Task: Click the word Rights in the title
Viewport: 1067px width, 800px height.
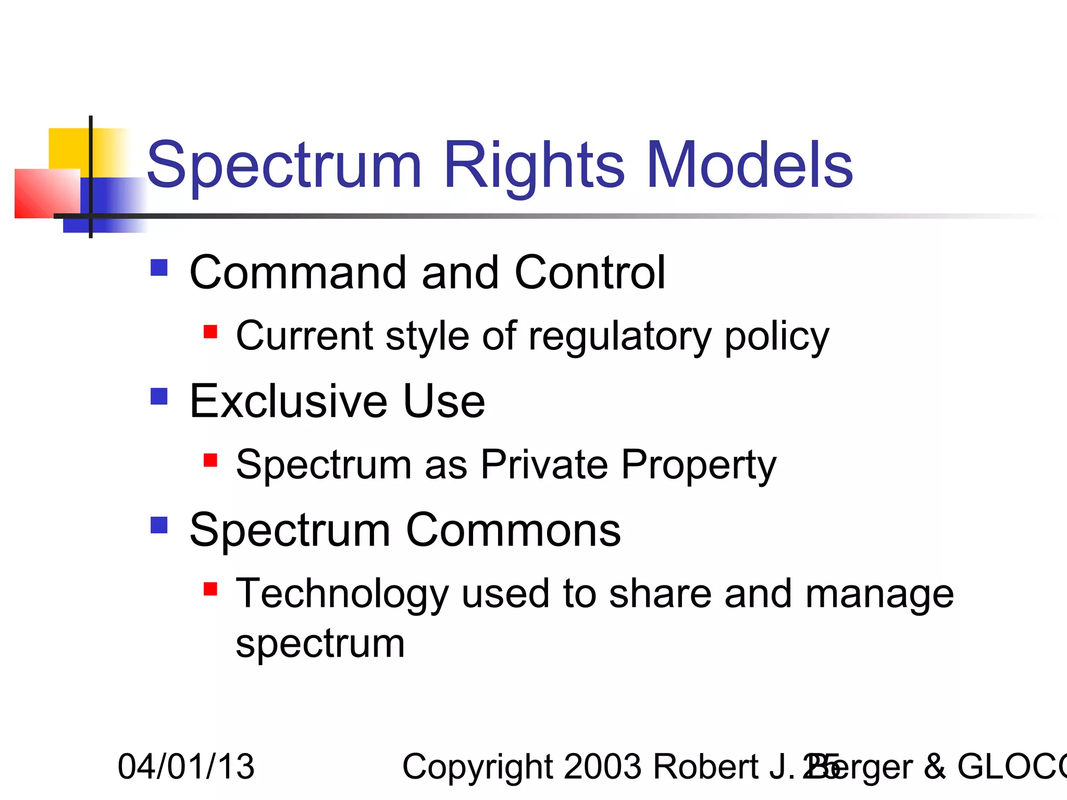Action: [x=533, y=166]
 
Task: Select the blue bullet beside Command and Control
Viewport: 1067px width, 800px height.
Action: [x=159, y=268]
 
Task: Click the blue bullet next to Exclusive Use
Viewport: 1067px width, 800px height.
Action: [x=159, y=396]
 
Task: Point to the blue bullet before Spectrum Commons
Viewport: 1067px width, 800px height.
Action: [x=159, y=525]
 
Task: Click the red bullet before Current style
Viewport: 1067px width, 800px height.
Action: [x=210, y=332]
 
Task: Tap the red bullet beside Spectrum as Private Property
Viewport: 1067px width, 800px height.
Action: [x=210, y=460]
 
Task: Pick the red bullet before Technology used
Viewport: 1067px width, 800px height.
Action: [x=210, y=589]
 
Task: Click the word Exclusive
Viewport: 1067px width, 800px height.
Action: [x=288, y=401]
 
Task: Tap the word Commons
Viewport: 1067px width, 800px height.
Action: [x=513, y=530]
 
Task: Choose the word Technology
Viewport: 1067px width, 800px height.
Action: [x=342, y=595]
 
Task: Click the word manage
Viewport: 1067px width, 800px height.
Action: [x=879, y=595]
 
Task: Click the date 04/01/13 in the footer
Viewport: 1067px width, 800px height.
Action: [x=186, y=767]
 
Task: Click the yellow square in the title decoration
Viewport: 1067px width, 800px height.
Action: [x=68, y=148]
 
